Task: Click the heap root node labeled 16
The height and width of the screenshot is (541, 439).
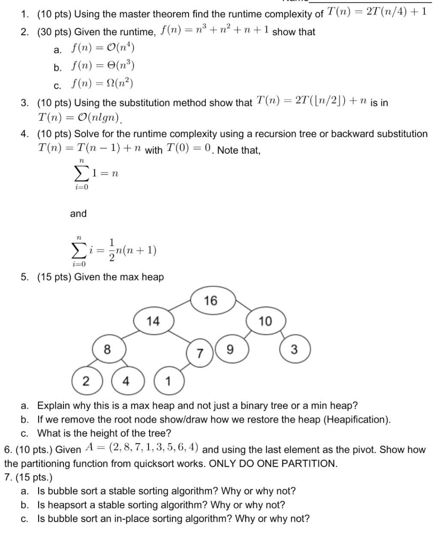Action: coord(210,301)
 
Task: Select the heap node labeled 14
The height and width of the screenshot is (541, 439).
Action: coord(153,321)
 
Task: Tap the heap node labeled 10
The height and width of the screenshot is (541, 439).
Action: coord(265,321)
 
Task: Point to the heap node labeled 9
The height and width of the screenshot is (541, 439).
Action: coord(230,350)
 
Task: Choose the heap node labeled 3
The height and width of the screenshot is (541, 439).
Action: coord(294,350)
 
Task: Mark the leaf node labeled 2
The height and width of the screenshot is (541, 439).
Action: coord(86,381)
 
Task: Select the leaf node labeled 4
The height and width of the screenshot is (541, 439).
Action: coord(126,381)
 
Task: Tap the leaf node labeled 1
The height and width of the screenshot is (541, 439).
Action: coord(168,381)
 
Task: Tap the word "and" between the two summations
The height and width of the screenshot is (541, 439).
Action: coord(78,213)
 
